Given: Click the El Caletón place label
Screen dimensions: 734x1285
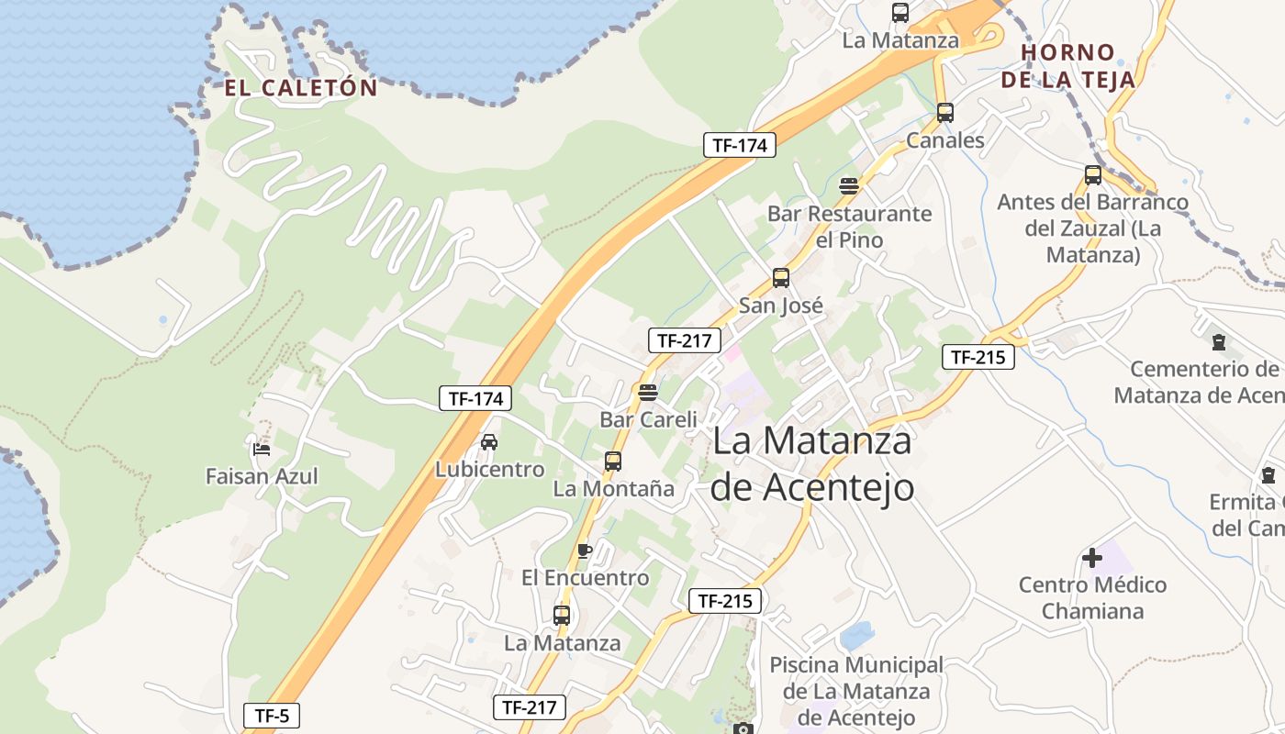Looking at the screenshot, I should (x=301, y=88).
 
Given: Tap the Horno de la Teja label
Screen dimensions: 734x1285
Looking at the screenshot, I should (x=1068, y=66).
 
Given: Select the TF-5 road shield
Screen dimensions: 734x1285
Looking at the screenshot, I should (x=272, y=716).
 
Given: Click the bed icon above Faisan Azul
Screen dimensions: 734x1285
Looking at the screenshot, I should (x=262, y=450).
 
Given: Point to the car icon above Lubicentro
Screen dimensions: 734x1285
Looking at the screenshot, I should (x=489, y=442).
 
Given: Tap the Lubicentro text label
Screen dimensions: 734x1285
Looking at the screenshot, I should (x=489, y=470).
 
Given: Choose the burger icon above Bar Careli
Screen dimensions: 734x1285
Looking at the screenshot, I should (x=648, y=393).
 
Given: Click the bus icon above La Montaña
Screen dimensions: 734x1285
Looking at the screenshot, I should (x=613, y=462).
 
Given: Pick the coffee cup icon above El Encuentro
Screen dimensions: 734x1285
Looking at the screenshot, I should (x=585, y=550).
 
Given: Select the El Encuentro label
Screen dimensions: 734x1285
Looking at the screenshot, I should (x=585, y=578).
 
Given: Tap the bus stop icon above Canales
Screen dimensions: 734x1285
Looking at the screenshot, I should (x=944, y=113).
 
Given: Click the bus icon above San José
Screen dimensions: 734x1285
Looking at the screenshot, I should (x=781, y=277).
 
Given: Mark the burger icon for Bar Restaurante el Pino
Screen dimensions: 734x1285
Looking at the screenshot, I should (x=849, y=186).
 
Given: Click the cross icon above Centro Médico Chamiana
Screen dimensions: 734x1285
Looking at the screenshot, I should (x=1092, y=557).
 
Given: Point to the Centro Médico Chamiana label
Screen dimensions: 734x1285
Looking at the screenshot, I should (x=1092, y=597).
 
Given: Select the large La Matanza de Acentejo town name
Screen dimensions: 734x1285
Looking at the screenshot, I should (x=812, y=463).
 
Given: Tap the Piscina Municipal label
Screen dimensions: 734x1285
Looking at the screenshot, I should (x=856, y=691).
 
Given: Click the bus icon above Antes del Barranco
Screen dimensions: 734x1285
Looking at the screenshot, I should (x=1092, y=174).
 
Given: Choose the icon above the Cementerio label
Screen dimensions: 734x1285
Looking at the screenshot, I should (x=1218, y=342).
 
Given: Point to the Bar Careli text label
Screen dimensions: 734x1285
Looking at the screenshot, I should (x=648, y=419).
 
